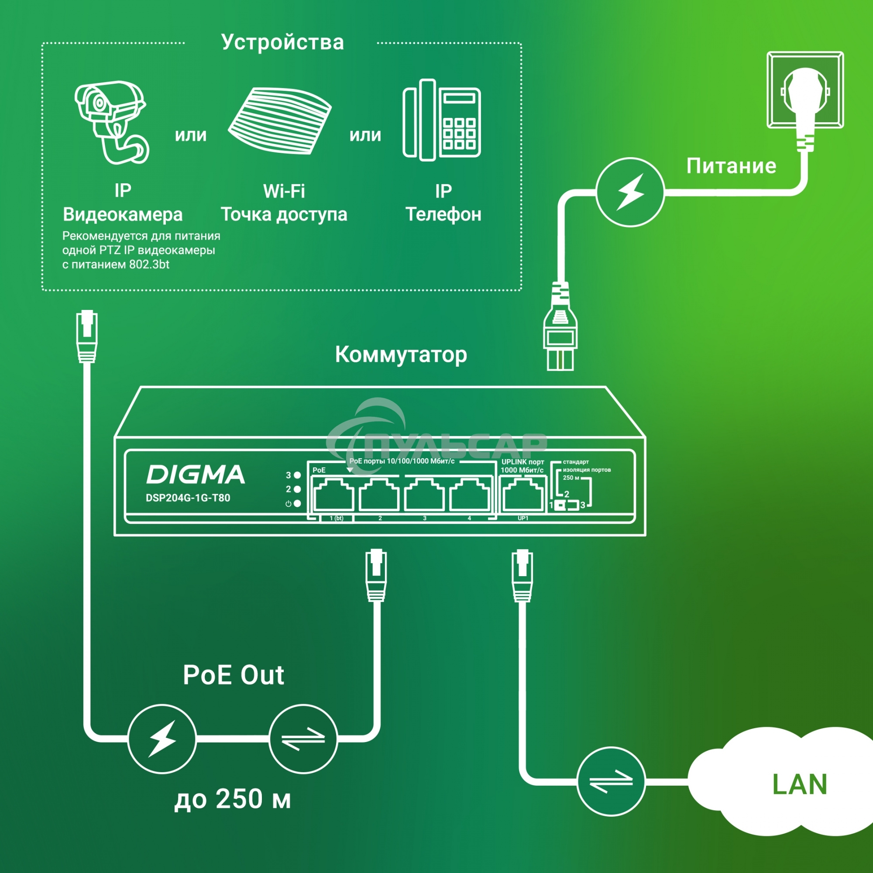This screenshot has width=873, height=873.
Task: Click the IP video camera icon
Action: pos(111,122)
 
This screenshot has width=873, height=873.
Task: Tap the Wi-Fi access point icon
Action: pos(280,121)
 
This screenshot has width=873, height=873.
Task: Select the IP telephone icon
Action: pos(441,120)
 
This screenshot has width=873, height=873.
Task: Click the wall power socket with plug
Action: pos(805,90)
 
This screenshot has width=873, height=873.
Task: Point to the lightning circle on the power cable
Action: pos(630,192)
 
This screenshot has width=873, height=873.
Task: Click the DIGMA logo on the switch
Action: pos(195,474)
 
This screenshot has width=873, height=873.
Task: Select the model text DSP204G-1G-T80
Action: pos(188,498)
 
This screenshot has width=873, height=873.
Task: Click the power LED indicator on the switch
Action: pos(297,503)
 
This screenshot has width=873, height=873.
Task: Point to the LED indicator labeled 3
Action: pos(297,475)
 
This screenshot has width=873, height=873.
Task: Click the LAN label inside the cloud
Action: pos(799,784)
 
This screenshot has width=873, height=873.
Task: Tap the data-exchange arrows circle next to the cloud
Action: pos(612,781)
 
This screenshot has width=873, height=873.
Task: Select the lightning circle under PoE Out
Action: pos(162,739)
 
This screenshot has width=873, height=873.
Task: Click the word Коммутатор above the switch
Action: pos(401,355)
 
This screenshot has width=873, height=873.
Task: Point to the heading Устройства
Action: pos(282,42)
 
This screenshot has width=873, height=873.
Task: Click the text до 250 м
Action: pos(233,799)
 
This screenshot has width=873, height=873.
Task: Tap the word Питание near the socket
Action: pos(731,166)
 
